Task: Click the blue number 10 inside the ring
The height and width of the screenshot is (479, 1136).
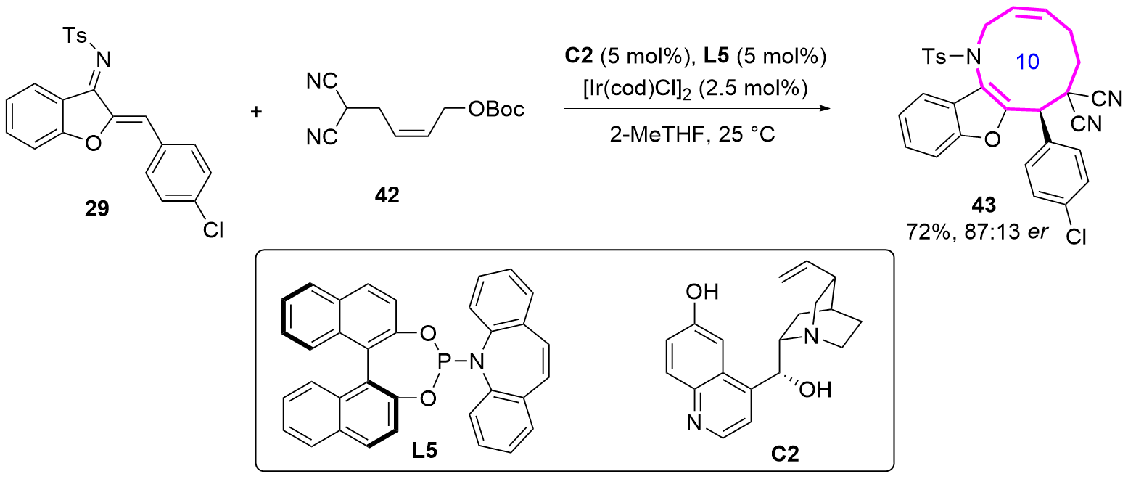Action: click(x=1026, y=63)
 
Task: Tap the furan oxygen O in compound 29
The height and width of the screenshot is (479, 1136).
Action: click(x=92, y=144)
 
